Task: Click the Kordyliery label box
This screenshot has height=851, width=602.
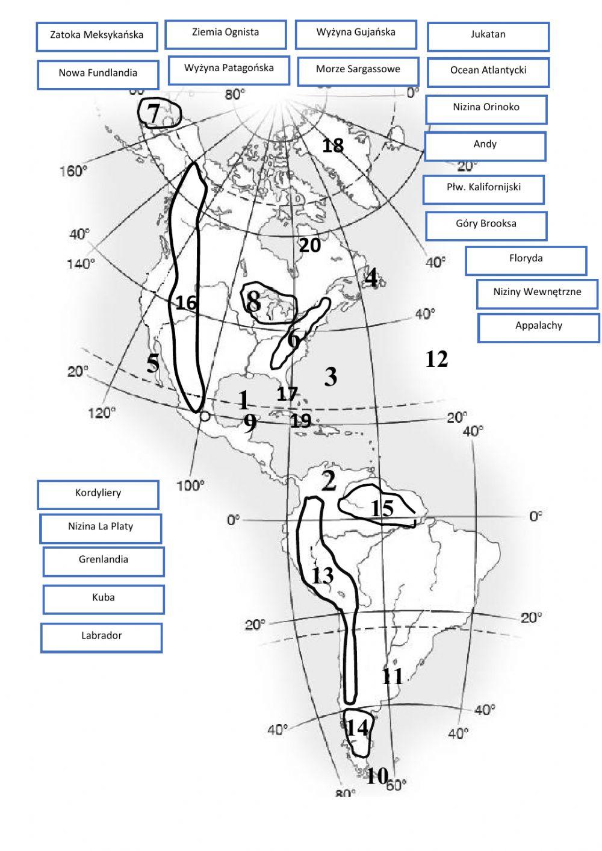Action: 98,494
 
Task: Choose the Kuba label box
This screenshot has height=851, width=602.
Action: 104,599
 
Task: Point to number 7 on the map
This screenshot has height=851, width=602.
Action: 154,113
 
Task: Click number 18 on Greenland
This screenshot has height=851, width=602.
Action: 333,145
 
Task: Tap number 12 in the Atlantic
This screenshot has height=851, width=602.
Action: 436,359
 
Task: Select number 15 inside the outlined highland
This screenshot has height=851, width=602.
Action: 382,509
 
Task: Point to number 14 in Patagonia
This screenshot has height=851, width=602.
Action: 357,728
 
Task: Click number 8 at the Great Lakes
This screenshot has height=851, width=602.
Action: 253,301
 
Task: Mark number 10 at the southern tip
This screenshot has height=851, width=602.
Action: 377,776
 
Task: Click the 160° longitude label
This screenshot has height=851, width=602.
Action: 73,171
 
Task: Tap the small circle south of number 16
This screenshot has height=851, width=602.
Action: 204,416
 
